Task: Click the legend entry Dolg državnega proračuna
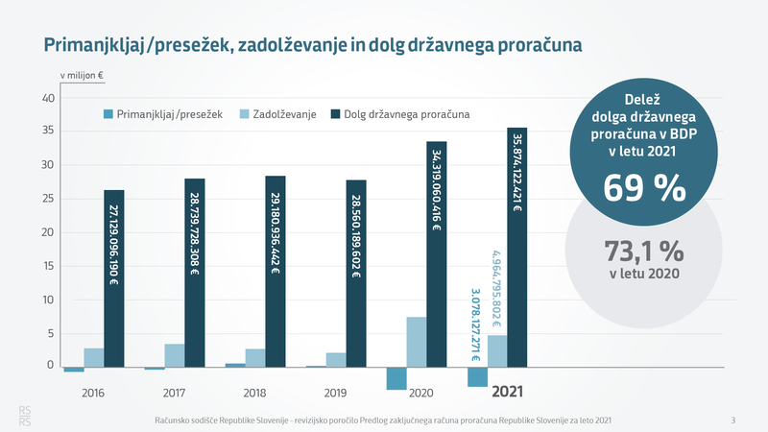click(407, 115)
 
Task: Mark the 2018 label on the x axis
click(255, 393)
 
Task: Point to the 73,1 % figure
click(644, 251)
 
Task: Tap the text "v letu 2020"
click(644, 275)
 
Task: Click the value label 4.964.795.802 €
click(496, 284)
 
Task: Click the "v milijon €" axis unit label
click(82, 74)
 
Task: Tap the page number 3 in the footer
click(732, 420)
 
